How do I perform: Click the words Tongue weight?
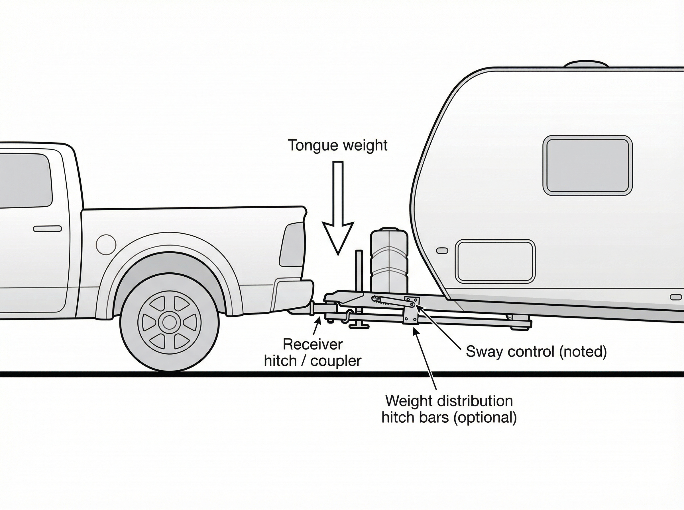click(x=337, y=145)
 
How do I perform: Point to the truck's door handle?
click(x=47, y=229)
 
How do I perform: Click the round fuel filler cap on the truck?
click(x=106, y=244)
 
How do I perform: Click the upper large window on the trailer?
click(x=587, y=165)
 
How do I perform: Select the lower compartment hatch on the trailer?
click(x=495, y=261)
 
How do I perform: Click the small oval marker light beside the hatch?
click(x=442, y=250)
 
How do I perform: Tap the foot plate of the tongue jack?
click(x=359, y=326)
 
